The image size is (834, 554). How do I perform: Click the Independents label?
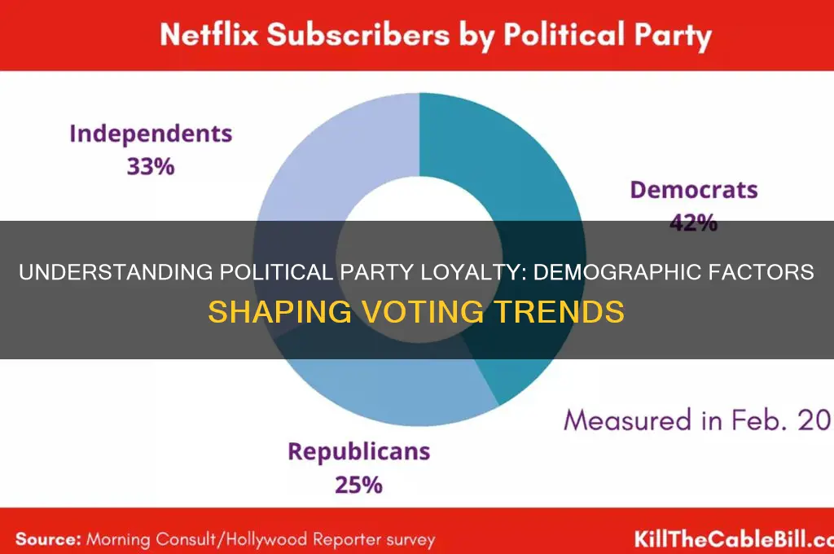coord(151,134)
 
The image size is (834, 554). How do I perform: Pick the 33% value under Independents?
coord(151,166)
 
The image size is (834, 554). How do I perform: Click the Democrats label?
coord(694,191)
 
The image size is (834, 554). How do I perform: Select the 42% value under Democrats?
coord(694,222)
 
